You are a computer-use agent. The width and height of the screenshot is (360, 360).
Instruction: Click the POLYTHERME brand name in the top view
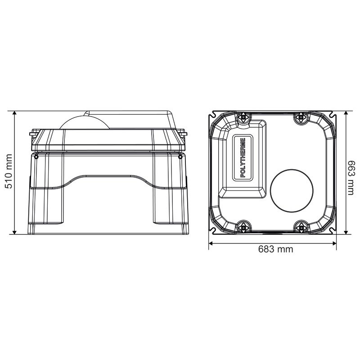[243, 158]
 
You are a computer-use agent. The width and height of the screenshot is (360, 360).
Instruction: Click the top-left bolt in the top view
[243, 117]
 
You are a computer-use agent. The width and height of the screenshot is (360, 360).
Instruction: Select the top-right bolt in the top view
[301, 118]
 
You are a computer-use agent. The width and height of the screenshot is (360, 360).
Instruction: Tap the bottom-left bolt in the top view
[243, 227]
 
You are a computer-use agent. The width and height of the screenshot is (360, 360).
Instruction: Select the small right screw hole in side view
[180, 157]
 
